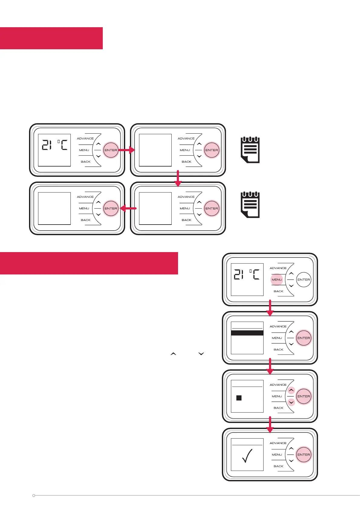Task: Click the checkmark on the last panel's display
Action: pyautogui.click(x=247, y=456)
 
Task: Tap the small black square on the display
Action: pyautogui.click(x=239, y=398)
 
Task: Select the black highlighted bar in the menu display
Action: pyautogui.click(x=247, y=333)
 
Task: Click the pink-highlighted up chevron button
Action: pyautogui.click(x=291, y=390)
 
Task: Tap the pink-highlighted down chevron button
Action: pyautogui.click(x=291, y=402)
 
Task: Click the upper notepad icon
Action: pyautogui.click(x=250, y=150)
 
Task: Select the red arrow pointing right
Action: pyautogui.click(x=127, y=150)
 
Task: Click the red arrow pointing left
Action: pyautogui.click(x=128, y=208)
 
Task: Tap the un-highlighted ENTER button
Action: pyautogui.click(x=303, y=280)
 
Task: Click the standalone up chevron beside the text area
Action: pyautogui.click(x=173, y=354)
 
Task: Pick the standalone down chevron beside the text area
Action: pyautogui.click(x=201, y=354)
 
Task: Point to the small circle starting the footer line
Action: pyautogui.click(x=34, y=496)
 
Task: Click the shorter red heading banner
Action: pyautogui.click(x=51, y=38)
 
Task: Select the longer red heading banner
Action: pyautogui.click(x=89, y=263)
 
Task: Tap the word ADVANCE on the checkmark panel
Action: pyautogui.click(x=278, y=443)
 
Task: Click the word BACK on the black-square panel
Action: pyautogui.click(x=278, y=408)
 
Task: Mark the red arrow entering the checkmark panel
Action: pyautogui.click(x=270, y=424)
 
